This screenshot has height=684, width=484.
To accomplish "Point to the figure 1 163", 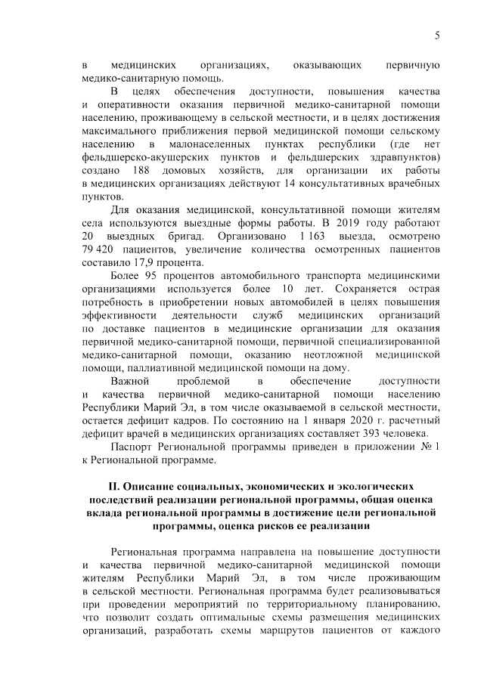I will pos(311,236).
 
